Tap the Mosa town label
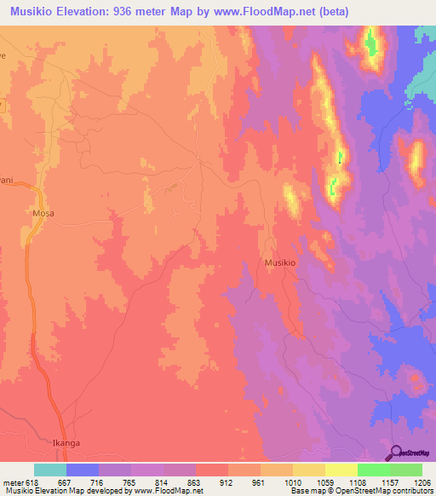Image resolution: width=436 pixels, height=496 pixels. pos(43,213)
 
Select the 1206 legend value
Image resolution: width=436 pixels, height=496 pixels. pos(422,482)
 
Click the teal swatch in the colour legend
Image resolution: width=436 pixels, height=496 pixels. pos(50,470)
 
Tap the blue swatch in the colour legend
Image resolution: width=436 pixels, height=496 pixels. pos(83,470)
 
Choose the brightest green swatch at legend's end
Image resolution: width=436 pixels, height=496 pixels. pos(406,470)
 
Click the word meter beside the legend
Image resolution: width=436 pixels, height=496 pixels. pos(13,482)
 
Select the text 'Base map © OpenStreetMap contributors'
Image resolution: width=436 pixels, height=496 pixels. pos(361,491)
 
